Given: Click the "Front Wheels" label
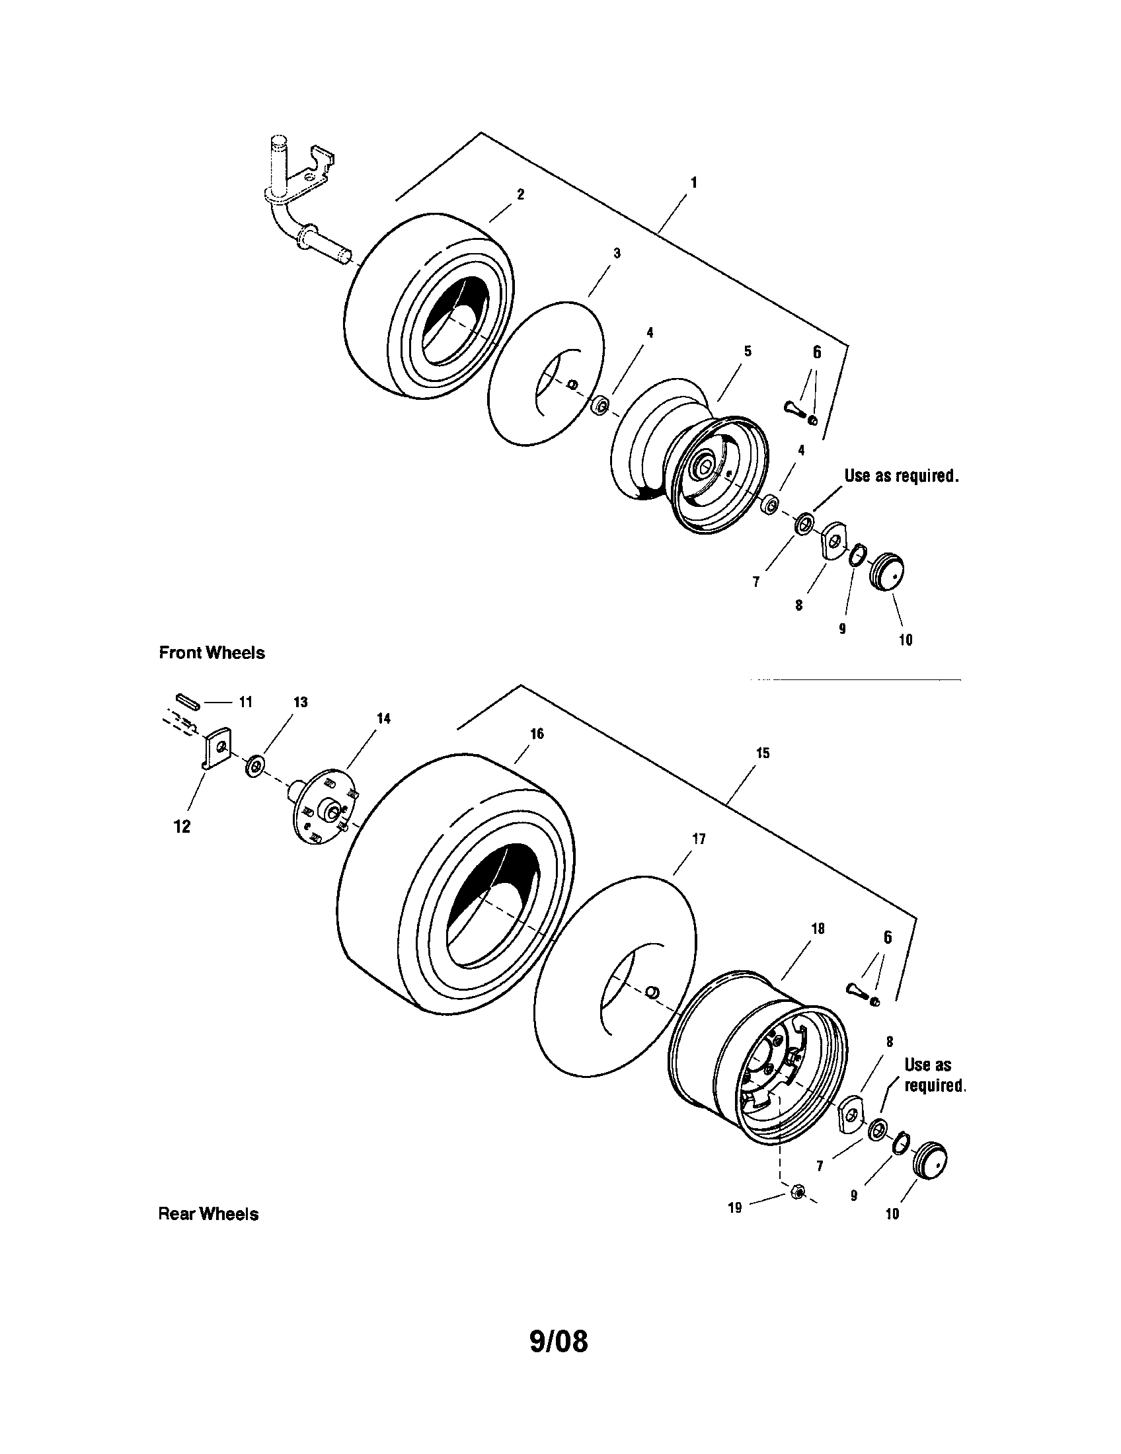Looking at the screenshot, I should (212, 653).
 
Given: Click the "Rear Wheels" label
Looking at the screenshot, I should (208, 1214).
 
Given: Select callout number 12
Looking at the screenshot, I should (182, 827).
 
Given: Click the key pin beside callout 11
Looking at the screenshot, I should (188, 701).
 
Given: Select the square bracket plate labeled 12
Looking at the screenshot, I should (215, 749).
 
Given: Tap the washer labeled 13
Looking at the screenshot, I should (254, 765).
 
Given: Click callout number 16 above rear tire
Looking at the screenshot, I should (537, 734).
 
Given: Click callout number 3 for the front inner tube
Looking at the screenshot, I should (617, 253).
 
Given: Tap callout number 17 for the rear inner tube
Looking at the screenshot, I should (699, 839).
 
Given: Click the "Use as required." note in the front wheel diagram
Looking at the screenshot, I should (902, 476).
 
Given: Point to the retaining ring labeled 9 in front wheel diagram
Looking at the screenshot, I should (857, 554).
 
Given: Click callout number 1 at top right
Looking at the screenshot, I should (694, 182).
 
